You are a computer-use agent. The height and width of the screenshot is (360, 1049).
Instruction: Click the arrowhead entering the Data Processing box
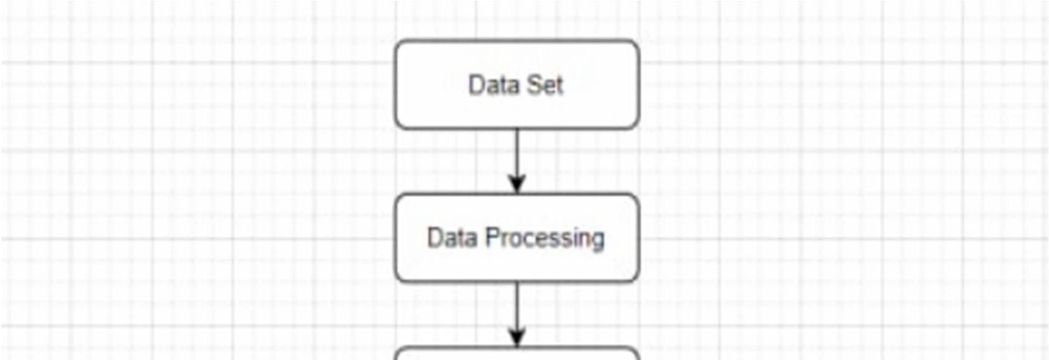click(x=517, y=185)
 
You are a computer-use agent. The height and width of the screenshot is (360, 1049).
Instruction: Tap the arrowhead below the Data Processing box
click(x=517, y=338)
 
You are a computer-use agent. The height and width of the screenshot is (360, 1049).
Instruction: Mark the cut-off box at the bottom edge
click(x=517, y=354)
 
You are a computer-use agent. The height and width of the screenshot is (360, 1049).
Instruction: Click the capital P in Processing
click(x=492, y=237)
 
